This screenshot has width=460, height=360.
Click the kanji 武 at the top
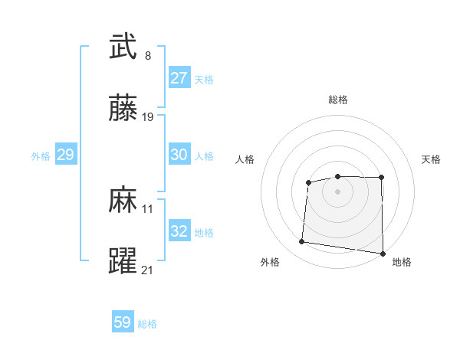coord(123,47)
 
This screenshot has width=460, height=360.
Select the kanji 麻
coord(123,200)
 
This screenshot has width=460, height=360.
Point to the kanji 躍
coord(123,261)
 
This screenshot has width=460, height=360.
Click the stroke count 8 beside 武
coord(148,56)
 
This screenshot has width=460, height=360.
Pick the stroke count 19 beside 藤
coord(148,117)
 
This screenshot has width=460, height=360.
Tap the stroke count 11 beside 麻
coord(148,208)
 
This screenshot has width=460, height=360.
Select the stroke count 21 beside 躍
coord(148,270)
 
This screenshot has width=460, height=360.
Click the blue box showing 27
coord(179,78)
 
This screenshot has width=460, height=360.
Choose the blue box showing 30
coord(179,155)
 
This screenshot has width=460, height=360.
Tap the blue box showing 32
coord(179,231)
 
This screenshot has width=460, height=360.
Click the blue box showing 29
coord(65,155)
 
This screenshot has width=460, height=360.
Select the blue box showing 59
coord(123,322)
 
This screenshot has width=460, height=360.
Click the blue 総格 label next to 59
coord(147,324)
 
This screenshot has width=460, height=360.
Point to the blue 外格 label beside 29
coord(41,156)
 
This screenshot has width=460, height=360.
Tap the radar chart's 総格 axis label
coord(338,100)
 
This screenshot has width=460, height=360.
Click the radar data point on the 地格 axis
coord(382,254)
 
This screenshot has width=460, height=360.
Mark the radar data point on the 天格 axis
coord(382,178)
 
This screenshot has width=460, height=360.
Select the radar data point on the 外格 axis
coord(302,242)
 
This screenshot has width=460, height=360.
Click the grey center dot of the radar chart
coord(338,191)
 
